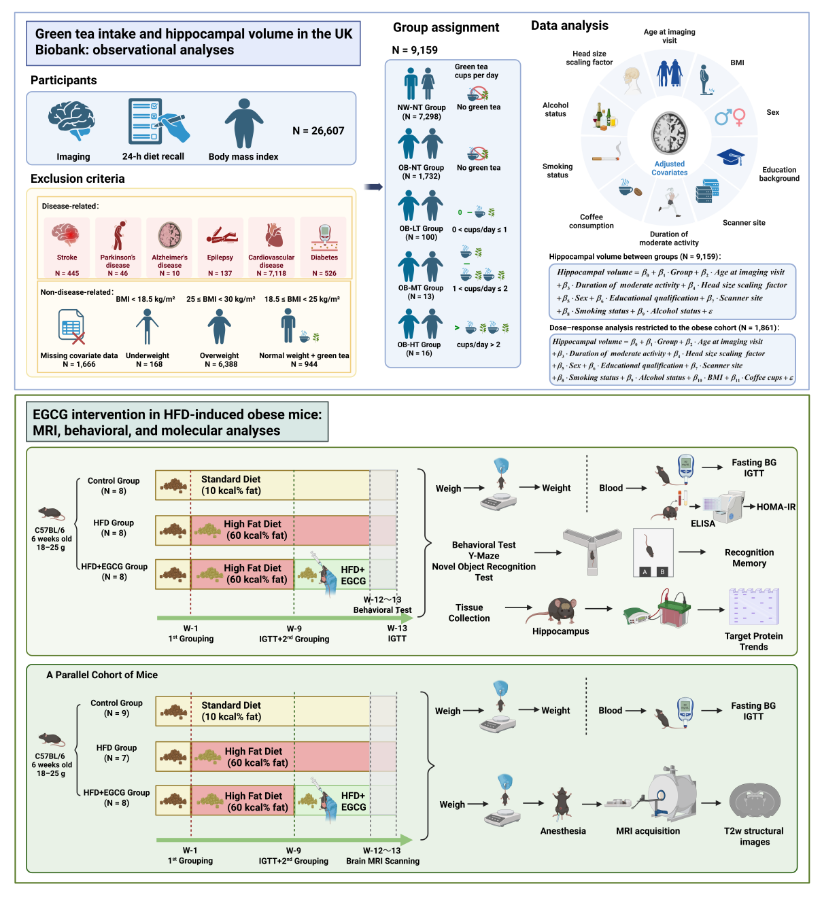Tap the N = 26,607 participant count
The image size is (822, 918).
click(x=318, y=130)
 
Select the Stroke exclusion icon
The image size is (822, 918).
click(x=67, y=234)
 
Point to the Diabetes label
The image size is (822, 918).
click(x=324, y=257)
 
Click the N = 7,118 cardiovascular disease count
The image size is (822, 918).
click(x=271, y=273)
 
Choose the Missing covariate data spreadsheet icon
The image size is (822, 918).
click(x=71, y=326)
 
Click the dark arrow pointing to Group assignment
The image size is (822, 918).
click(x=373, y=187)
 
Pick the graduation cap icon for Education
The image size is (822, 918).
click(x=730, y=156)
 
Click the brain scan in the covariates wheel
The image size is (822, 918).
click(x=669, y=133)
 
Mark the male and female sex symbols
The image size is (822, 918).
click(x=730, y=117)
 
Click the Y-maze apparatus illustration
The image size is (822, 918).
click(x=592, y=550)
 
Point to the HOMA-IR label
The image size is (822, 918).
click(x=775, y=507)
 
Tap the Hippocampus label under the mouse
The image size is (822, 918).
click(x=560, y=631)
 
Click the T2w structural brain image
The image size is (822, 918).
click(x=754, y=802)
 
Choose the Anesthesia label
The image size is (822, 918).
click(x=562, y=830)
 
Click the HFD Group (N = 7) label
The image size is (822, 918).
click(x=116, y=753)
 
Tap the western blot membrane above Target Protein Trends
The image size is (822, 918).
click(x=753, y=607)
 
